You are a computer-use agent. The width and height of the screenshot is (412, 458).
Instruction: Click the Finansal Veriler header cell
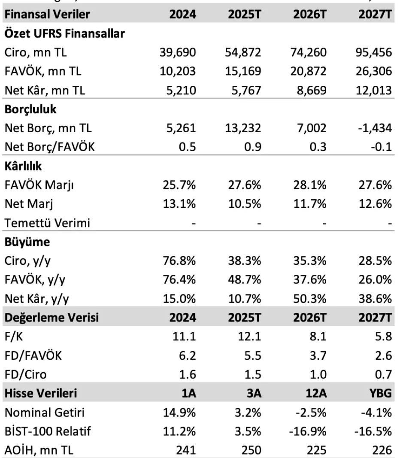coord(47,14)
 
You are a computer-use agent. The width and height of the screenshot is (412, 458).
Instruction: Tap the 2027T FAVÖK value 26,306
coord(374,71)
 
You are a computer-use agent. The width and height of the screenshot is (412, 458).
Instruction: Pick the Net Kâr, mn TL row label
coord(45,90)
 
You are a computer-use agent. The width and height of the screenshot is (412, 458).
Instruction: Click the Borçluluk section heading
coord(30,109)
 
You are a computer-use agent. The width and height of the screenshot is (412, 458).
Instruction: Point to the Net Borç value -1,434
coord(376,128)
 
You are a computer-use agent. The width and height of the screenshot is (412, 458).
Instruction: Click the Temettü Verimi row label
coord(47,223)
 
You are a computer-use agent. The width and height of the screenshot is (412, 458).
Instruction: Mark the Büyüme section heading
coord(27,242)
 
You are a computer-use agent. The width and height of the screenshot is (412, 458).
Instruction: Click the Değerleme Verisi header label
coord(51,318)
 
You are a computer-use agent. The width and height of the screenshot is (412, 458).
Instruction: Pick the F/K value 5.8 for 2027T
coord(383,337)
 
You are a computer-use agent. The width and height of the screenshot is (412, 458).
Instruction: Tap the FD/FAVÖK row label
coord(33,355)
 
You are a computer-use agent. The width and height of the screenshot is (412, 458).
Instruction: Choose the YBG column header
coord(380,393)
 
